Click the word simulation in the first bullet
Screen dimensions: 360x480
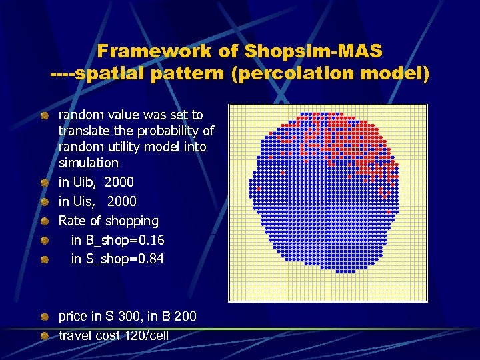[x=89, y=163]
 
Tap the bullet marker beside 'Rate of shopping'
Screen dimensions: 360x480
[x=44, y=221]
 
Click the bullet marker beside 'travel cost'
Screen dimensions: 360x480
[x=44, y=335]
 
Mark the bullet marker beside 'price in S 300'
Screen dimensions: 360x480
[x=44, y=317]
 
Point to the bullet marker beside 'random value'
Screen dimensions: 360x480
[x=44, y=115]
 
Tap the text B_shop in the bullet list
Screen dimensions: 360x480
[x=105, y=240]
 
